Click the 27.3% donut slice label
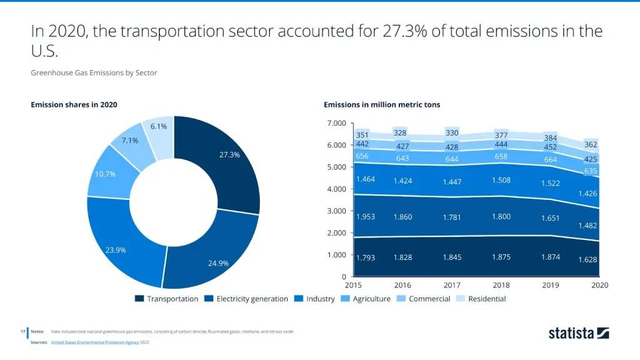[x=229, y=154]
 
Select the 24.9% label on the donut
[x=218, y=263]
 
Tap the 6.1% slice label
[x=158, y=126]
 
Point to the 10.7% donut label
[x=105, y=174]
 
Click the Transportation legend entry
[x=167, y=299]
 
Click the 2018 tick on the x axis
[x=501, y=285]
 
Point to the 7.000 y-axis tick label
[x=336, y=123]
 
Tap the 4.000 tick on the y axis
[x=336, y=189]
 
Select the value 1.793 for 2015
[x=366, y=257]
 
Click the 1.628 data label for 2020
[x=587, y=259]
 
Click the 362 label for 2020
[x=591, y=144]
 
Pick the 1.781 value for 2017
[x=452, y=217]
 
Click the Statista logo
[x=579, y=333]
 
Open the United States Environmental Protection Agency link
[x=95, y=342]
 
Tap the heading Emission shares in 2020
[x=74, y=104]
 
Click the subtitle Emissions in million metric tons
[x=382, y=104]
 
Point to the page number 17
[x=22, y=331]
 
